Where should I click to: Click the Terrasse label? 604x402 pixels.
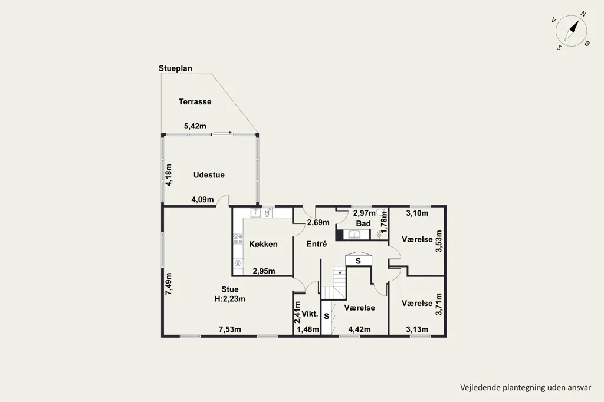[x=195, y=101]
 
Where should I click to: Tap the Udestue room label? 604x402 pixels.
[x=209, y=175]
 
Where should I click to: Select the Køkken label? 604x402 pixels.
[x=263, y=244]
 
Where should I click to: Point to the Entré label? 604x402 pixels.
[x=317, y=244]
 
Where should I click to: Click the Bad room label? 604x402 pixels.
[x=363, y=223]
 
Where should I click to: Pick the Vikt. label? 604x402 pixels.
[x=310, y=314]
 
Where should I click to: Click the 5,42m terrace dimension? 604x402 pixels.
[x=195, y=126]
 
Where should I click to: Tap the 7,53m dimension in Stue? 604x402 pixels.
[x=230, y=329]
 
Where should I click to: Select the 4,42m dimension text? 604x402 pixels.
[x=359, y=329]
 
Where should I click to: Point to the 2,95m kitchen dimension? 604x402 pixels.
[x=264, y=271]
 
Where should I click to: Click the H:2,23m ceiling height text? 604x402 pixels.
[x=230, y=299]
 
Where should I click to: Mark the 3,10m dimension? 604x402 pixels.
[x=417, y=213]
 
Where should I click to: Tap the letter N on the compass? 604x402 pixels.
[x=583, y=14]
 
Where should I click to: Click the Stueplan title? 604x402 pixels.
[x=175, y=68]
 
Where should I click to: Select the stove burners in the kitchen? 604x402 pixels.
[x=238, y=239]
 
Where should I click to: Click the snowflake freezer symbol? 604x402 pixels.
[x=238, y=263]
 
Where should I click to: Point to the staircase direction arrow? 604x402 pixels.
[x=340, y=273]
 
